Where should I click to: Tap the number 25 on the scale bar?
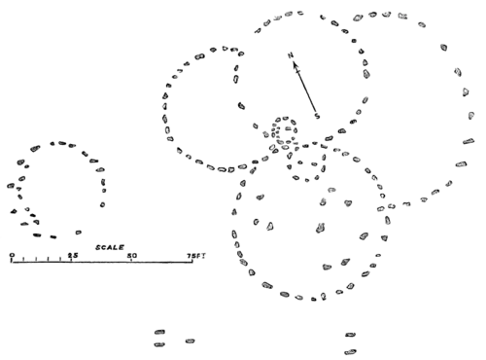(73, 254)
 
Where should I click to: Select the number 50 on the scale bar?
(131, 255)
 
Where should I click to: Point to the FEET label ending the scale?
(197, 255)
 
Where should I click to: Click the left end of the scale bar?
(10, 259)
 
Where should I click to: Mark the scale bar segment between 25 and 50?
(102, 260)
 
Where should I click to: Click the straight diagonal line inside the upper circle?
(303, 86)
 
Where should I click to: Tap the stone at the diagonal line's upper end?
(290, 54)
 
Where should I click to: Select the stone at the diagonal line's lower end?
(317, 117)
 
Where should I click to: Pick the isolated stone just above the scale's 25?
(78, 232)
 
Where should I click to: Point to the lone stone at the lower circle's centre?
(318, 226)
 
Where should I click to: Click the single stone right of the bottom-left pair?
(191, 341)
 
